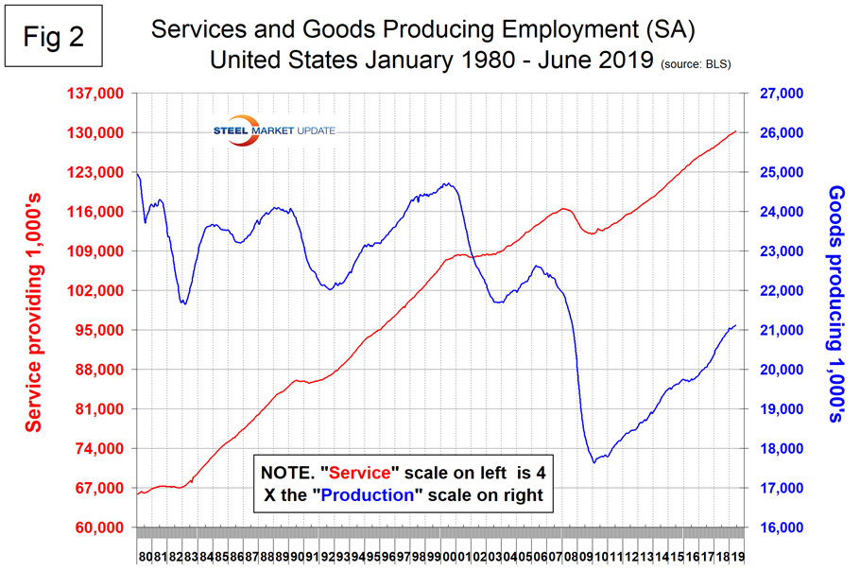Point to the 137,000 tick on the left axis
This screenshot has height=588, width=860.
(98, 94)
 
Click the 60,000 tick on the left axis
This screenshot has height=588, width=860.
(101, 527)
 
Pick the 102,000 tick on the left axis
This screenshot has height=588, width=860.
(98, 291)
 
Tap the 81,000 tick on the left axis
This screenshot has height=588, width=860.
(101, 409)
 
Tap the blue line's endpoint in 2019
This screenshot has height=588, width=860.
(736, 325)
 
